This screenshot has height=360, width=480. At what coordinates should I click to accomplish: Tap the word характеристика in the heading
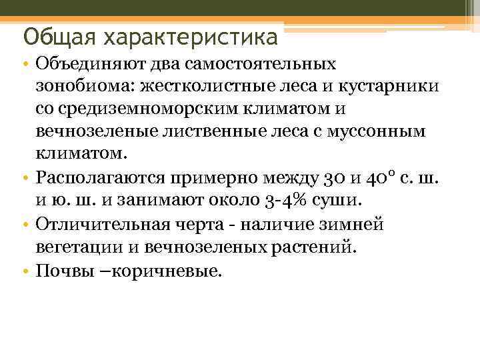click(189, 36)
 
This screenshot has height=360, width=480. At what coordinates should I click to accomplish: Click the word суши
click(341, 199)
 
